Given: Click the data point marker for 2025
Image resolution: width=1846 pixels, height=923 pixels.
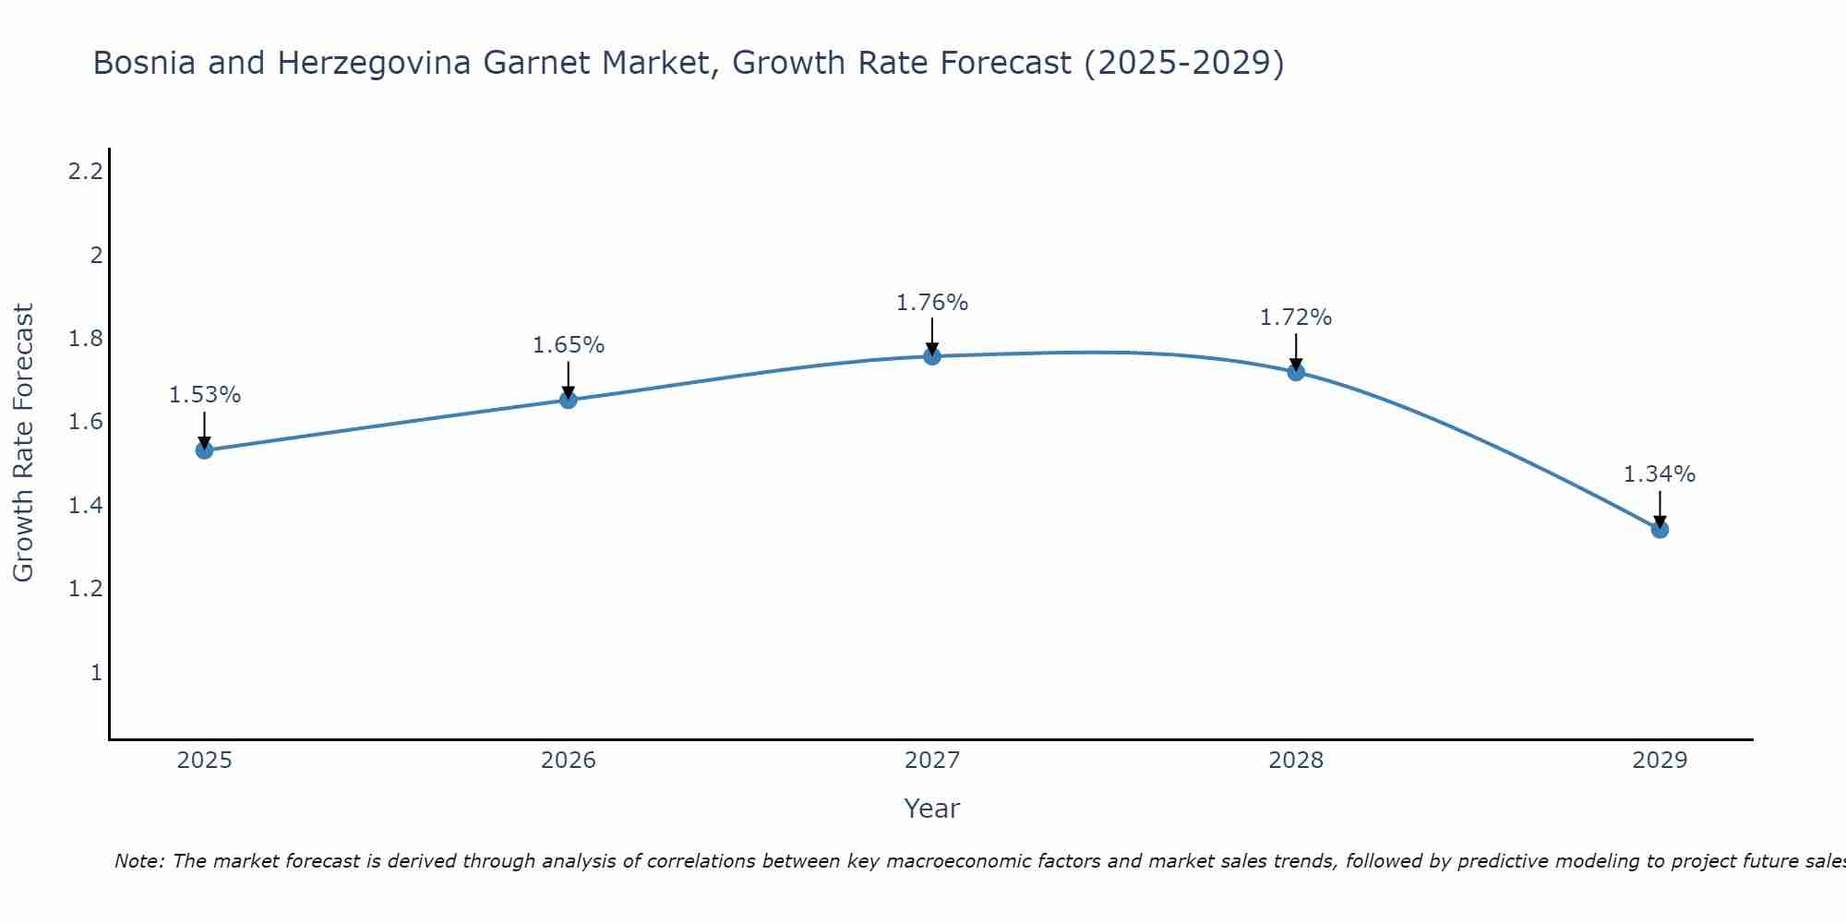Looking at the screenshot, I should click(x=205, y=450).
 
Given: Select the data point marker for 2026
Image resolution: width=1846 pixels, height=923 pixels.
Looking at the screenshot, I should click(x=569, y=400).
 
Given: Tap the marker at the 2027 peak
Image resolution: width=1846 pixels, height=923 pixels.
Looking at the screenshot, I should click(x=932, y=356).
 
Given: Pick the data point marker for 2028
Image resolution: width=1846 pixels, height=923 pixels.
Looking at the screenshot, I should click(x=1296, y=372).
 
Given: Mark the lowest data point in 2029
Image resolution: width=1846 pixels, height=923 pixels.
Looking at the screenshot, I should click(x=1660, y=529).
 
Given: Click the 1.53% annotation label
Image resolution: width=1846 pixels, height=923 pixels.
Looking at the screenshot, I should click(x=205, y=395).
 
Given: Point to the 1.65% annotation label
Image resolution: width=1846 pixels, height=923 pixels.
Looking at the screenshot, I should click(x=569, y=345).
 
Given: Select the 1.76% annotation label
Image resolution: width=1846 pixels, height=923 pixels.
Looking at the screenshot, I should click(x=932, y=303).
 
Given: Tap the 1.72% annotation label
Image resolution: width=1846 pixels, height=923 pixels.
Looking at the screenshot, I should click(x=1296, y=318).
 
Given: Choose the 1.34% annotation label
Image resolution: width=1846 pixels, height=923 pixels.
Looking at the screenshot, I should click(x=1660, y=474).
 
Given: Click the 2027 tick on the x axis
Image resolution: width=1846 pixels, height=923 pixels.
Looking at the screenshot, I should click(x=932, y=761).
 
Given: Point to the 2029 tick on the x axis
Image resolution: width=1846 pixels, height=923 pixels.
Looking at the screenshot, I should click(x=1660, y=761).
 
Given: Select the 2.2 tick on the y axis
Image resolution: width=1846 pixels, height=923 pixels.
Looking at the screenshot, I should click(x=85, y=172).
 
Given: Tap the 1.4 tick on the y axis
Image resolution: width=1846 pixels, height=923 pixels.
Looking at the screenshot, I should click(x=85, y=506).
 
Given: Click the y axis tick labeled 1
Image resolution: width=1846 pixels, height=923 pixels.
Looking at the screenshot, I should click(x=96, y=673).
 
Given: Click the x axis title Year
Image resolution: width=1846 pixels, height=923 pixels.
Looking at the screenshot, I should click(x=932, y=809).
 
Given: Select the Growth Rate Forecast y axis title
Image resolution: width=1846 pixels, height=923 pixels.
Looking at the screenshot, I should click(x=23, y=442).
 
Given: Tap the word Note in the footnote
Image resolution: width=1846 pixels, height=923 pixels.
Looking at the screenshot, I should click(x=138, y=861).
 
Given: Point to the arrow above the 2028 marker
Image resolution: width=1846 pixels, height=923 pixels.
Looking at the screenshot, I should click(x=1296, y=352).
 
